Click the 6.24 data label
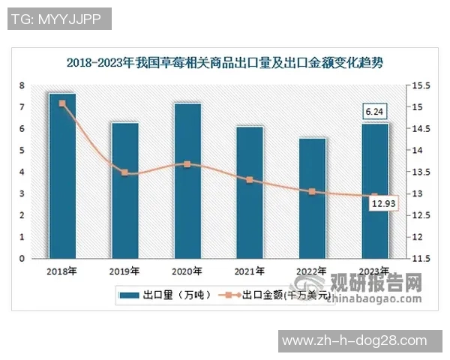point(374,112)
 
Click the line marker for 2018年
point(62,103)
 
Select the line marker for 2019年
point(124,173)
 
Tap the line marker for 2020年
point(187,163)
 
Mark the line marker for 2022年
point(312,192)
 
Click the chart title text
point(224,62)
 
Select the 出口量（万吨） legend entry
point(166,295)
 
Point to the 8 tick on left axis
point(22,85)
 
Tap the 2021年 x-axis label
point(250,271)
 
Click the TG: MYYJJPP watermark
point(59,19)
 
